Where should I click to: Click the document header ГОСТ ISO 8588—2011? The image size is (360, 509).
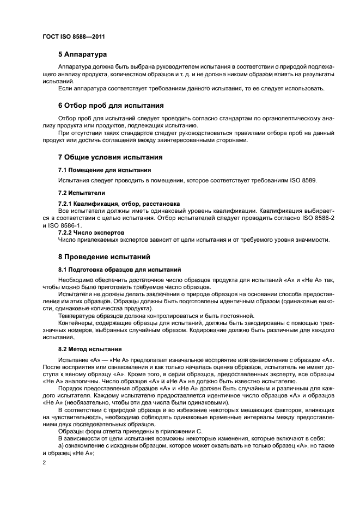pos(73,36)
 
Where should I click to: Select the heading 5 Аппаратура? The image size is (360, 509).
pos(82,54)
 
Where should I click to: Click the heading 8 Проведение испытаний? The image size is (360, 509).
pos(104,256)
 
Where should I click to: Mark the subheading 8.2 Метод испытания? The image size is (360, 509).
pos(90,348)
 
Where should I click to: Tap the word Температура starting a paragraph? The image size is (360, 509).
pos(76,316)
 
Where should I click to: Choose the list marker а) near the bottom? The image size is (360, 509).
pos(61,446)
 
